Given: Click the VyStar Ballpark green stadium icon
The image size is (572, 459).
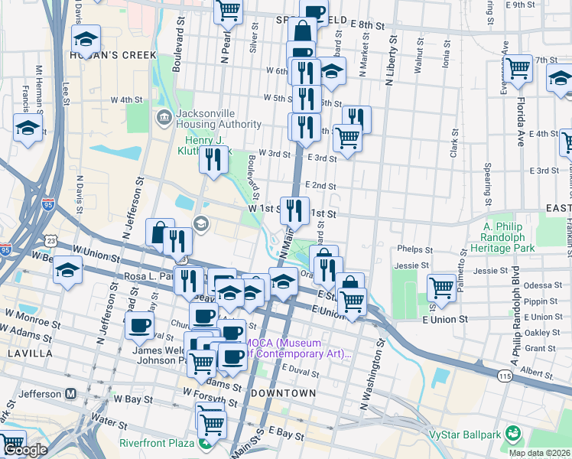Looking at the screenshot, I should pyautogui.click(x=512, y=435).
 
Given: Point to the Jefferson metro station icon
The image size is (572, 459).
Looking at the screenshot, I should pyautogui.click(x=71, y=393).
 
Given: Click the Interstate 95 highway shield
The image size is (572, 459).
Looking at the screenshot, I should pyautogui.click(x=5, y=249).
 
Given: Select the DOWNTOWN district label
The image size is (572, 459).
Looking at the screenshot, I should pyautogui.click(x=283, y=392).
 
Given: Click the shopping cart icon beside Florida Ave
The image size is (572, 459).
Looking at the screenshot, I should pyautogui.click(x=518, y=70).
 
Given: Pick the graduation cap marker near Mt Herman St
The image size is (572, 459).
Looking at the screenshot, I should pyautogui.click(x=28, y=128).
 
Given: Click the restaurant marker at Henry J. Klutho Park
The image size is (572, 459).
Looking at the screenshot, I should pyautogui.click(x=213, y=159).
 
